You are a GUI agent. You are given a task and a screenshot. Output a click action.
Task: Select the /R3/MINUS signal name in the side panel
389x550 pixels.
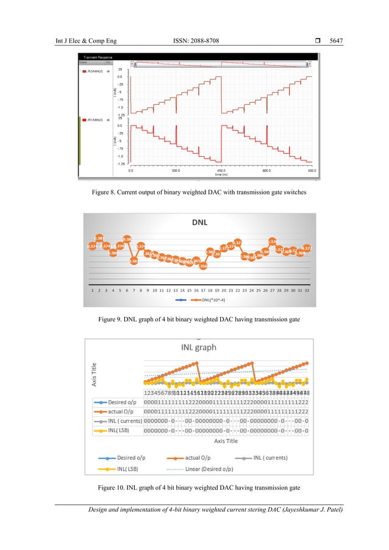tap(93, 71)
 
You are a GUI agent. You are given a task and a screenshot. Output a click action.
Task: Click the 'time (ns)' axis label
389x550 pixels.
tap(221, 174)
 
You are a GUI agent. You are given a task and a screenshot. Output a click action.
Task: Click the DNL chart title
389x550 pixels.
tap(200, 222)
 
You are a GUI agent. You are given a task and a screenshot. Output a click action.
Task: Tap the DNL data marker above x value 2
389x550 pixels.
tap(99, 238)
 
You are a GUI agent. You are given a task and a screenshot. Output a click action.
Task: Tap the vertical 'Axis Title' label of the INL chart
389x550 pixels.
tap(88, 370)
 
